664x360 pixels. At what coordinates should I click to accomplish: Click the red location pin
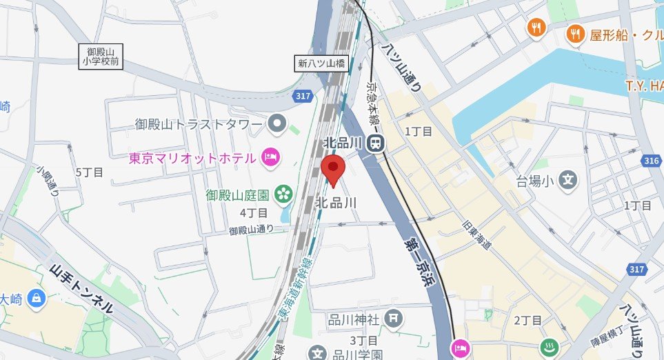[334, 168]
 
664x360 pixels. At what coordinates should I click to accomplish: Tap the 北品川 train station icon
[376, 143]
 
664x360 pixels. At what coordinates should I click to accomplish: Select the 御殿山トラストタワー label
[199, 125]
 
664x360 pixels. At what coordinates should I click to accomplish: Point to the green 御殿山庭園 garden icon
[283, 194]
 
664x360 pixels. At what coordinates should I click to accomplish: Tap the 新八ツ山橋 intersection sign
[321, 63]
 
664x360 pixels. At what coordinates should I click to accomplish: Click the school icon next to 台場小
[567, 181]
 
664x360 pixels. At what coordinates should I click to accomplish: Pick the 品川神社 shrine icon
[393, 319]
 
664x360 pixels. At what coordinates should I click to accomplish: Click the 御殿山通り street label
[251, 229]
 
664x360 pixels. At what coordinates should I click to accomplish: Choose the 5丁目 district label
[89, 172]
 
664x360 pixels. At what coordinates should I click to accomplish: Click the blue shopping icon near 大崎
[37, 299]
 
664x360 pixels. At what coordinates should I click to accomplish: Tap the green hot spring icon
[549, 348]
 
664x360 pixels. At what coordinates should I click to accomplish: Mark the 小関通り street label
[49, 181]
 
